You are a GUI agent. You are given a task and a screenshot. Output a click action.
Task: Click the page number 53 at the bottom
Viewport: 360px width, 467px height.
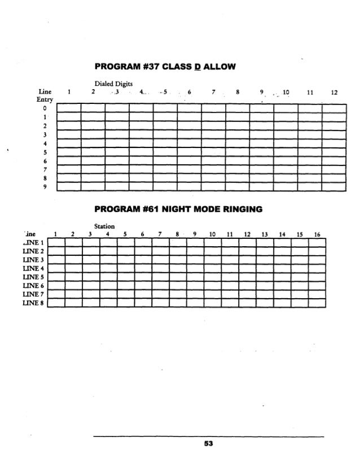coord(208,444)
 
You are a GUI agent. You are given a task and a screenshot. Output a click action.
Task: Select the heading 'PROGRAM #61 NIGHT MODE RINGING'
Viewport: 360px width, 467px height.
coord(180,210)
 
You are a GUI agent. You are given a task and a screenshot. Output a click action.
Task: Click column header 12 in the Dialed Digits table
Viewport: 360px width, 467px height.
coord(333,93)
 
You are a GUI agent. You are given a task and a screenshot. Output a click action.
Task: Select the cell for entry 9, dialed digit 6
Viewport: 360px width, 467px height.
coord(189,187)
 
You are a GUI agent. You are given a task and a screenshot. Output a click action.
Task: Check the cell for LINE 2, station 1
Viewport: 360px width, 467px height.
coord(56,251)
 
